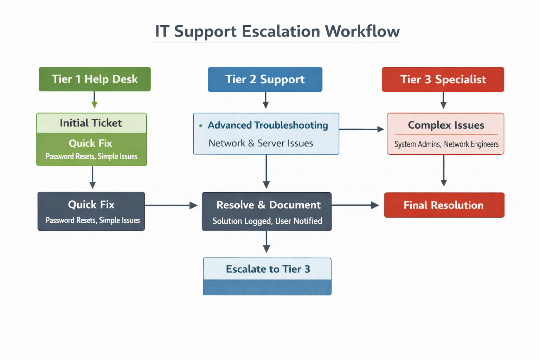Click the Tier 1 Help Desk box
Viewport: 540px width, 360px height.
(95, 79)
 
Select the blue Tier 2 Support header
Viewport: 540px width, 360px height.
(265, 79)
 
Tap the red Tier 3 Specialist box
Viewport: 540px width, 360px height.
(443, 79)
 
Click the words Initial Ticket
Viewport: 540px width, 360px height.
(91, 123)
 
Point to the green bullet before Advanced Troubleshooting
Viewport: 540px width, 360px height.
(201, 126)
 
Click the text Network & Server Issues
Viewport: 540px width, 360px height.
(261, 143)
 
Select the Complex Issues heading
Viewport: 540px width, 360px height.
(446, 125)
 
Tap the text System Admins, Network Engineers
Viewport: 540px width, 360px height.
(446, 144)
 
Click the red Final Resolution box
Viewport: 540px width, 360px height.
(444, 205)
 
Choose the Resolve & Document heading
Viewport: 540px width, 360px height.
(268, 205)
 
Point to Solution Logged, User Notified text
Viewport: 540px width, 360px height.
(267, 221)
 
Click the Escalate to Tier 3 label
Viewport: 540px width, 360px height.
(268, 269)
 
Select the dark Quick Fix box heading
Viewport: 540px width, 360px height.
(91, 205)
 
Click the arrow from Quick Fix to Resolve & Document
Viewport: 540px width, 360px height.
(171, 205)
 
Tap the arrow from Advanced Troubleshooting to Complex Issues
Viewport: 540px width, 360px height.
(361, 129)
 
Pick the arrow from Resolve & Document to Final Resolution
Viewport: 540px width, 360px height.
(355, 205)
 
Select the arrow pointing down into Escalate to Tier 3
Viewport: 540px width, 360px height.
(266, 242)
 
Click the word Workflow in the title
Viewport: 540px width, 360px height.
(362, 31)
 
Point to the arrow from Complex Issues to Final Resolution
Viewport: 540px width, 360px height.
(444, 171)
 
